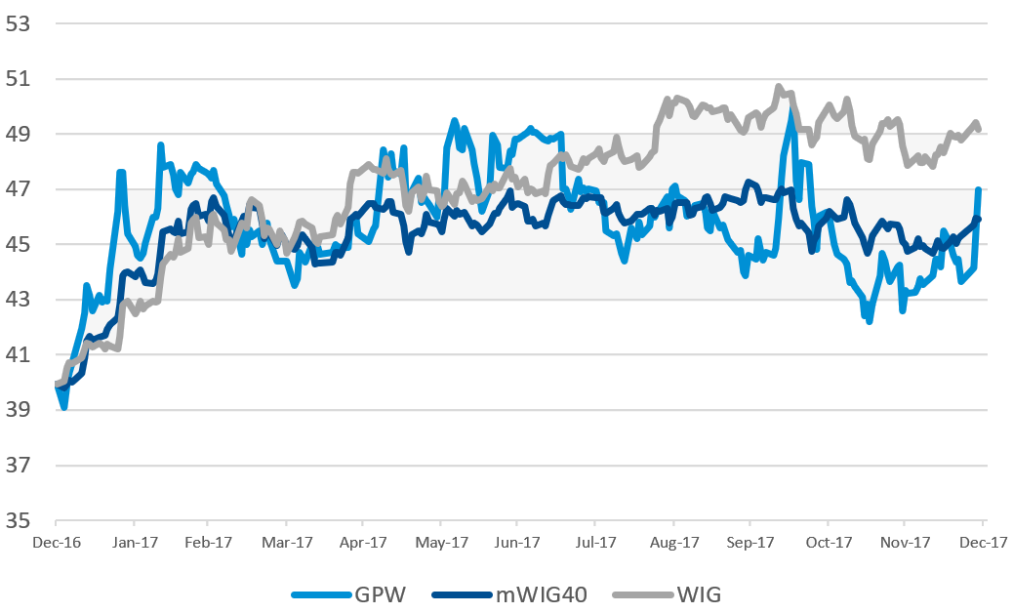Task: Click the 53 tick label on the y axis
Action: [20, 23]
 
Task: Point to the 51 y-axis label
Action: [20, 79]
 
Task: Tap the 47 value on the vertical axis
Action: [20, 189]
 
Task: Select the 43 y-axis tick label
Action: [20, 300]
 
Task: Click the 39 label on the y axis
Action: [20, 410]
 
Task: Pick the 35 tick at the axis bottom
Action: [20, 520]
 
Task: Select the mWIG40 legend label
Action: [541, 593]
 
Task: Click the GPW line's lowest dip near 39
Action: [64, 406]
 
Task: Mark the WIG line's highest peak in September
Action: [779, 87]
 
